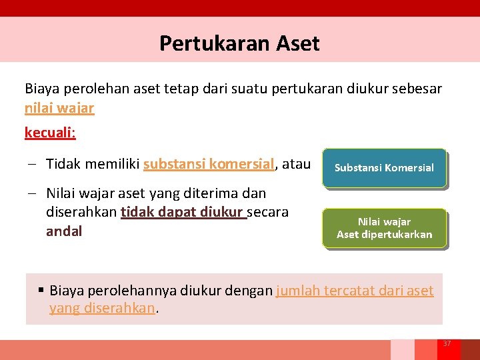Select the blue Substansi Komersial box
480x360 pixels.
pos(384,168)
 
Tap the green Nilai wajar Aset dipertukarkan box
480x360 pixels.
pos(384,228)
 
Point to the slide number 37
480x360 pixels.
pos(447,343)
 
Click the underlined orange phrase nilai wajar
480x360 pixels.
pos(59,108)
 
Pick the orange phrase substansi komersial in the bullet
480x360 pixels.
pos(209,164)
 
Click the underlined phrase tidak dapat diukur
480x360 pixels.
pos(183,213)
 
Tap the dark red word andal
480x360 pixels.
pos(64,232)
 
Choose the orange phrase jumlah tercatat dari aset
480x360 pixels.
pos(355,291)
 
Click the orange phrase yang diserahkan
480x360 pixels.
pos(102,309)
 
